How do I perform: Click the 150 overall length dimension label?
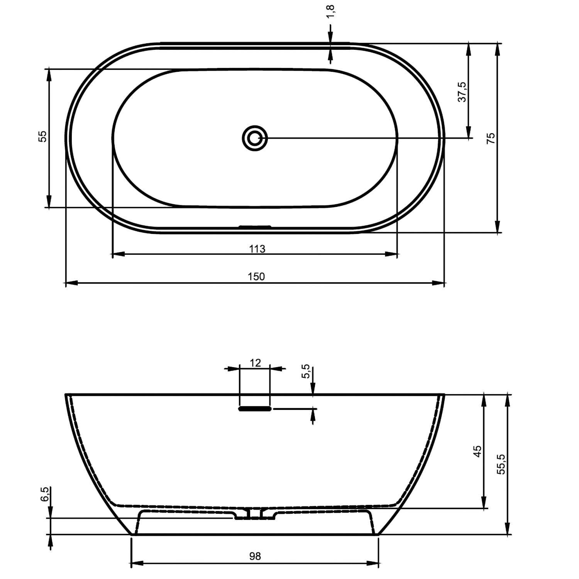pyautogui.click(x=256, y=276)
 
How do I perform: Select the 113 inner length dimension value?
pyautogui.click(x=257, y=249)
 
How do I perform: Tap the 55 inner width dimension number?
pyautogui.click(x=42, y=136)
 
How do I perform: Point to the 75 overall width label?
pyautogui.click(x=491, y=138)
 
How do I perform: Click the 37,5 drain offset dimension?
pyautogui.click(x=462, y=92)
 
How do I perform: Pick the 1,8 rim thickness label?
pyautogui.click(x=331, y=12)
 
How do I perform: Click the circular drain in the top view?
pyautogui.click(x=255, y=138)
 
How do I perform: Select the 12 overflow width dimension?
pyautogui.click(x=255, y=363)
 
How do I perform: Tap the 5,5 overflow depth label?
pyautogui.click(x=305, y=371)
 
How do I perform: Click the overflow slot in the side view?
pyautogui.click(x=255, y=408)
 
